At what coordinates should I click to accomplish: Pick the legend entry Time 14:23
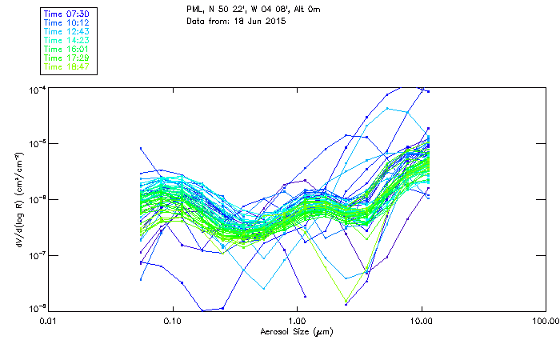pyautogui.click(x=66, y=39)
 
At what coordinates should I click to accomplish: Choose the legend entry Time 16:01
pyautogui.click(x=66, y=48)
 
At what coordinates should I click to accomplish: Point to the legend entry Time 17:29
pyautogui.click(x=66, y=58)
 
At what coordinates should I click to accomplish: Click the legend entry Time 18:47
pyautogui.click(x=66, y=66)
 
